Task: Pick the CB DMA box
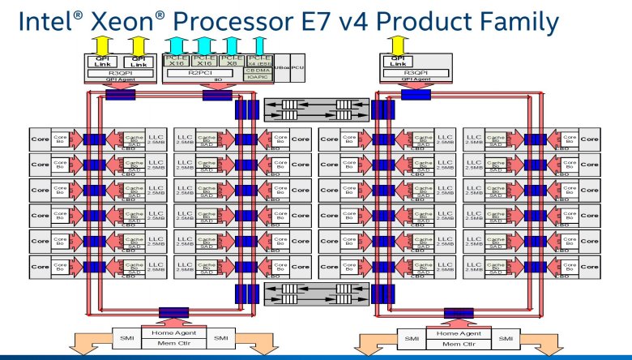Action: tap(258, 70)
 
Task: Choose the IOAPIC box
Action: tap(258, 77)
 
